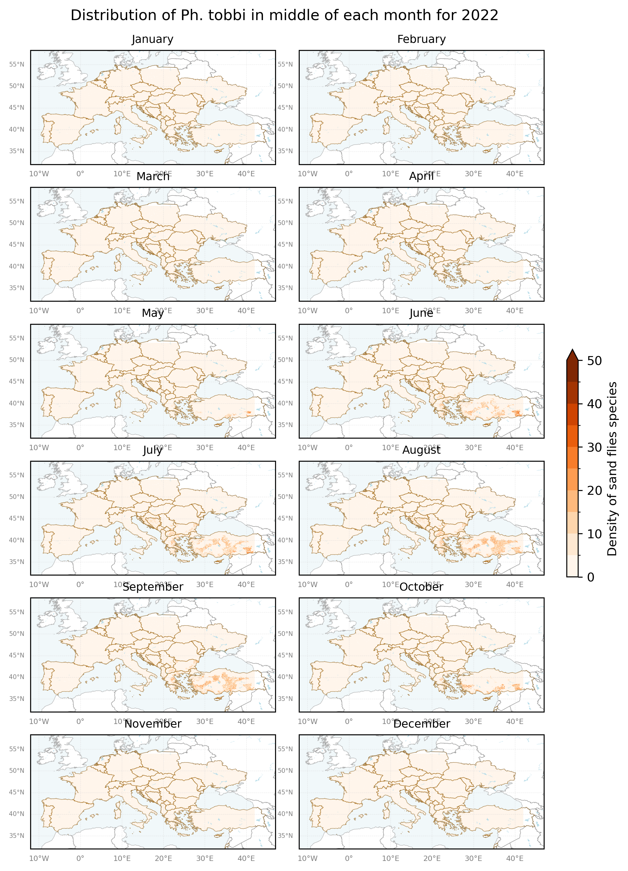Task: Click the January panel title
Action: tap(152, 39)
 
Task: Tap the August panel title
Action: tap(421, 450)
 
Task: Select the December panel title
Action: tap(421, 724)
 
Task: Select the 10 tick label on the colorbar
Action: tap(594, 534)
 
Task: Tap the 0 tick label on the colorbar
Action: tap(591, 577)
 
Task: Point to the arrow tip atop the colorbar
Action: tap(572, 350)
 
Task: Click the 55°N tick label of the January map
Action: tap(17, 64)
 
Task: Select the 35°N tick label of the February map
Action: tap(285, 151)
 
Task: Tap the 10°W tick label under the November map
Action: tap(39, 858)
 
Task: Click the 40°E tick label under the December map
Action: tap(515, 858)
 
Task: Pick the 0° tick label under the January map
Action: tap(80, 174)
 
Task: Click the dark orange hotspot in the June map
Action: tap(517, 413)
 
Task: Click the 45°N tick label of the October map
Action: tap(285, 655)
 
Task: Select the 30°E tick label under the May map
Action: tap(205, 447)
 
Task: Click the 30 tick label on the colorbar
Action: tap(594, 447)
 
